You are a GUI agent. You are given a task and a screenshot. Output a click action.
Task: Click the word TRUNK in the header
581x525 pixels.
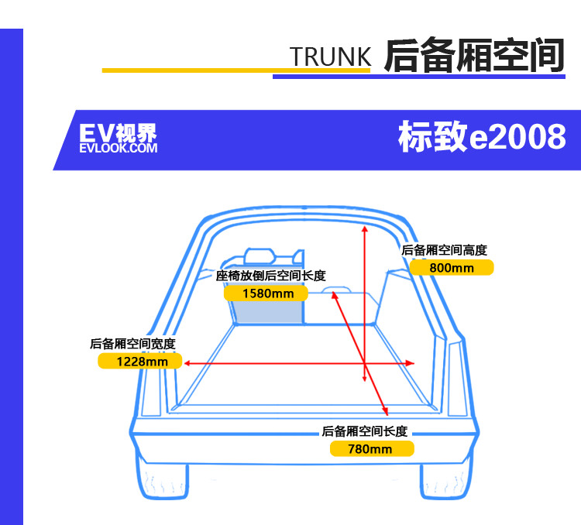pyautogui.click(x=330, y=57)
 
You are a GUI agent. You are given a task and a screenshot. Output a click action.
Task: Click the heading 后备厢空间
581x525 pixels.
pyautogui.click(x=474, y=55)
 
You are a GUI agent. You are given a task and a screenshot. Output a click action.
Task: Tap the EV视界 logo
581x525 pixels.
pyautogui.click(x=119, y=138)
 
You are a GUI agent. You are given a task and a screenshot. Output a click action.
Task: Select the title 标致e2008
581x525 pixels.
pyautogui.click(x=482, y=136)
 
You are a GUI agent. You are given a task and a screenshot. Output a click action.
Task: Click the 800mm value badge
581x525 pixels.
pyautogui.click(x=452, y=267)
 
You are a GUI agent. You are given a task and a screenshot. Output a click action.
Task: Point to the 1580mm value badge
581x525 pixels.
pyautogui.click(x=266, y=293)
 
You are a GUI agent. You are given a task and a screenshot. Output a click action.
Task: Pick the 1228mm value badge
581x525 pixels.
pyautogui.click(x=140, y=362)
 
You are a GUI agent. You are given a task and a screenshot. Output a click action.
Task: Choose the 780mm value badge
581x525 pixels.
pyautogui.click(x=372, y=449)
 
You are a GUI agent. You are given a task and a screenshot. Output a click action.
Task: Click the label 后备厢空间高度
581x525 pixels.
pyautogui.click(x=444, y=250)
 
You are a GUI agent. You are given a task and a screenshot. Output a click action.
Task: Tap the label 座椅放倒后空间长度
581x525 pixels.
pyautogui.click(x=271, y=276)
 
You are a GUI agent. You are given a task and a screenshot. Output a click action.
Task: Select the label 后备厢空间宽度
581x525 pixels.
pyautogui.click(x=132, y=344)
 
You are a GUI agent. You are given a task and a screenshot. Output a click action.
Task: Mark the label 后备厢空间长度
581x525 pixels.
pyautogui.click(x=365, y=431)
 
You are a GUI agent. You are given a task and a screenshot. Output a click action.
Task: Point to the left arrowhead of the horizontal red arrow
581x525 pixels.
pyautogui.click(x=187, y=363)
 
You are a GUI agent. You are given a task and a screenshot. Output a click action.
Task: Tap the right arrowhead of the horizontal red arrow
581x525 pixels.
pyautogui.click(x=411, y=363)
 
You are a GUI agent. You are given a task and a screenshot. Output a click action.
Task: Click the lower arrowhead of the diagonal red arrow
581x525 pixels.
pyautogui.click(x=386, y=412)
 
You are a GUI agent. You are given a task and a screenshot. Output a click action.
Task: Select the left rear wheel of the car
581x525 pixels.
pyautogui.click(x=163, y=481)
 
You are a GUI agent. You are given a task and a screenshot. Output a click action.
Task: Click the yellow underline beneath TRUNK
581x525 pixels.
pyautogui.click(x=236, y=70)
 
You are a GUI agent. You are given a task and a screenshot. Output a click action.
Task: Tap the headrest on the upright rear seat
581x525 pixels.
pyautogui.click(x=260, y=256)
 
